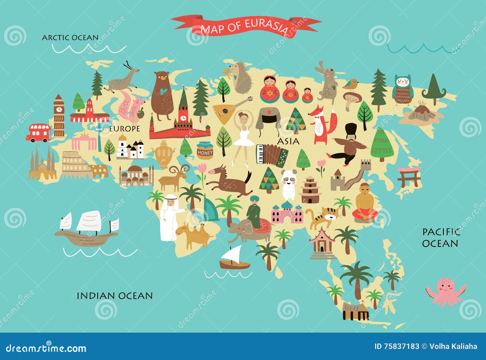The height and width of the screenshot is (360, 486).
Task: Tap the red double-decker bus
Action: (38, 132)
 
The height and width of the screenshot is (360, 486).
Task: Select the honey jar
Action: (205, 151)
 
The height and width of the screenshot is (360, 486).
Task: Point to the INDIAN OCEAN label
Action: (115, 296)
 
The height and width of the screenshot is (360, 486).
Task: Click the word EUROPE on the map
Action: (125, 129)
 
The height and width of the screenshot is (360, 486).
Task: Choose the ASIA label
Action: (288, 141)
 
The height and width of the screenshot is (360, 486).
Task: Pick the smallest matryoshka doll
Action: (308, 95)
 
